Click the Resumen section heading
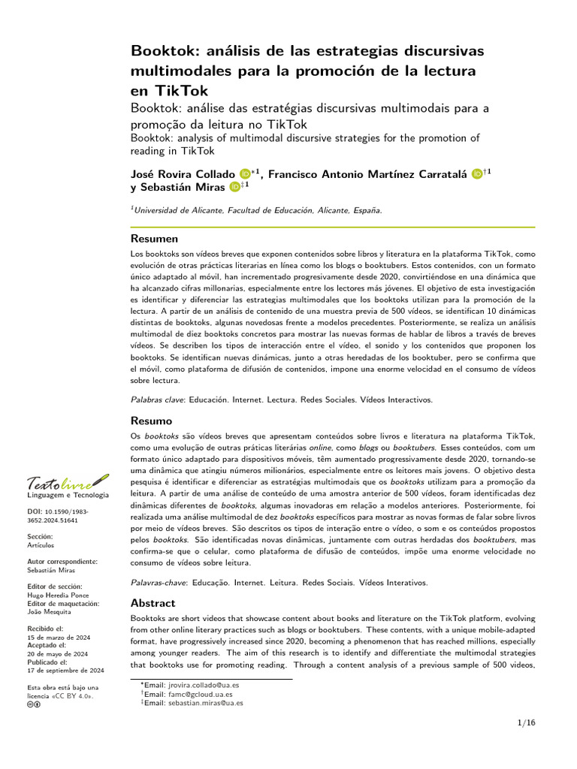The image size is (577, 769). click(155, 239)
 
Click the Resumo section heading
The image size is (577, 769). click(152, 421)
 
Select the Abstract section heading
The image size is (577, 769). click(153, 603)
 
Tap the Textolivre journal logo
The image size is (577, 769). click(67, 481)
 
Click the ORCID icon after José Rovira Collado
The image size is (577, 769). click(245, 174)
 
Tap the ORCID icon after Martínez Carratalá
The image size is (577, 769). click(479, 174)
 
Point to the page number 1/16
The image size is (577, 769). click(526, 722)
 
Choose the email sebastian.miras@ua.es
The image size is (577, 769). click(205, 704)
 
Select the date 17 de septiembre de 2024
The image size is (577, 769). click(65, 671)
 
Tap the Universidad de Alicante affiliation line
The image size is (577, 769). click(256, 211)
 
